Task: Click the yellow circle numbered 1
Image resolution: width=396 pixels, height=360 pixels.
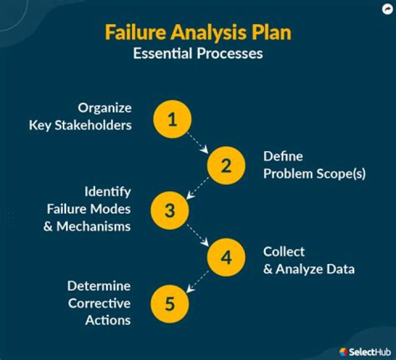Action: (173, 119)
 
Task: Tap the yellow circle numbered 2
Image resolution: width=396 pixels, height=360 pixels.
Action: (226, 165)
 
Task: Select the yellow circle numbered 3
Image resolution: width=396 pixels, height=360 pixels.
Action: (170, 211)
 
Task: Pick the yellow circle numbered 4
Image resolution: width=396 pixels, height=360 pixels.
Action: (226, 257)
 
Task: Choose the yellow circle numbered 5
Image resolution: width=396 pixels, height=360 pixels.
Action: (170, 303)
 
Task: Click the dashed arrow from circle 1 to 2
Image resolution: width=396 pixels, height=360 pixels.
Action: (199, 142)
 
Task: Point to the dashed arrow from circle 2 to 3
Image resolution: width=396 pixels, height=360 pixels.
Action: (198, 188)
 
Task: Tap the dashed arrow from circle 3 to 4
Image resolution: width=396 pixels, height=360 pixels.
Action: (198, 234)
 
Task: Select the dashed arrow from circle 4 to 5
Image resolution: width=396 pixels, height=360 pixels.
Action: (198, 280)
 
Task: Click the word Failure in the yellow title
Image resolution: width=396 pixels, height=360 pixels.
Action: (135, 32)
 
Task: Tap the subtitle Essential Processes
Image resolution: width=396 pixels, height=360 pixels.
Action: (198, 54)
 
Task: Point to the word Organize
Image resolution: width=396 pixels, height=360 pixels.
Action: (105, 107)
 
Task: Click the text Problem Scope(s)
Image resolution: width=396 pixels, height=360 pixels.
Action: (314, 174)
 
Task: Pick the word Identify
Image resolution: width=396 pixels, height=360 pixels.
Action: (107, 192)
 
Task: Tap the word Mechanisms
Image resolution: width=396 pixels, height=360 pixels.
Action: (94, 226)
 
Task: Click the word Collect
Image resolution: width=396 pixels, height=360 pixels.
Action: (284, 251)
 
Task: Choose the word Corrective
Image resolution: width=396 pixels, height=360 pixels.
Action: (99, 303)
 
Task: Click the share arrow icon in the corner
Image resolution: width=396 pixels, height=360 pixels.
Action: (387, 9)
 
